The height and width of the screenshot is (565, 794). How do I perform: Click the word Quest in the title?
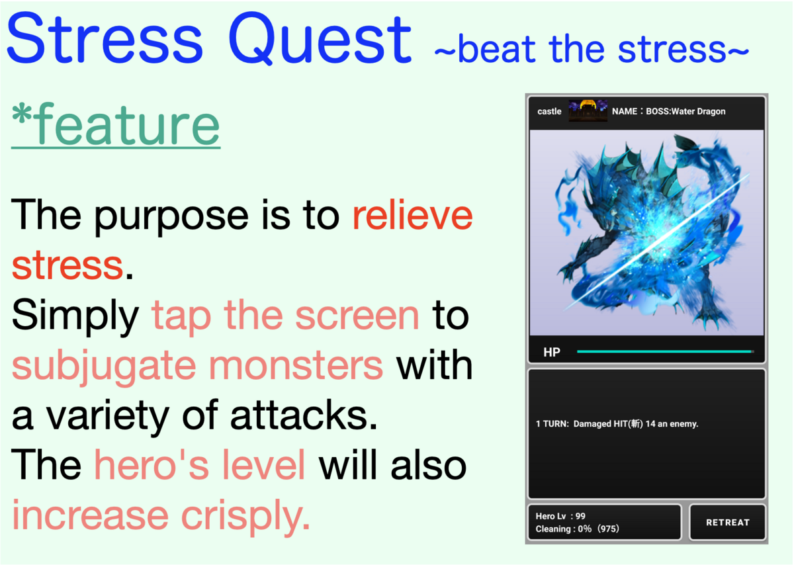click(320, 39)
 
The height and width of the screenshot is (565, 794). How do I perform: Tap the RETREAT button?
click(727, 522)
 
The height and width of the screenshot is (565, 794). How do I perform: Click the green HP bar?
click(664, 351)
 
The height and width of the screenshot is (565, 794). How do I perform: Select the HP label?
click(552, 352)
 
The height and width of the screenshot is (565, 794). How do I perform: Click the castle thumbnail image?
click(588, 111)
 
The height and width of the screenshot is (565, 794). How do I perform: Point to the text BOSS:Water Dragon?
click(685, 111)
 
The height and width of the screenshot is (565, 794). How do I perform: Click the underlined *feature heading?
click(116, 124)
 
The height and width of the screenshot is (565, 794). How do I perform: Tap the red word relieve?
click(413, 215)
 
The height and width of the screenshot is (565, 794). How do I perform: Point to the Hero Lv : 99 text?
click(560, 516)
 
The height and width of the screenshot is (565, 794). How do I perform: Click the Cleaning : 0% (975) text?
click(577, 529)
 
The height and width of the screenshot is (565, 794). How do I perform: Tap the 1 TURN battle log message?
click(617, 424)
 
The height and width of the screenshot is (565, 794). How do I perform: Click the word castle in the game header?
click(549, 111)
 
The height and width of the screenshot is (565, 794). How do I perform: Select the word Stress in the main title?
click(105, 39)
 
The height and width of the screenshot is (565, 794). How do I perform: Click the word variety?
click(107, 416)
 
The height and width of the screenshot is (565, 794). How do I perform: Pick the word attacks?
click(304, 415)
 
